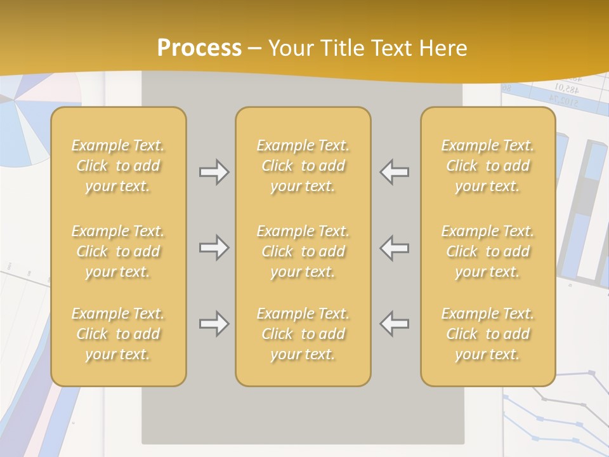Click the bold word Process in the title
pyautogui.click(x=199, y=48)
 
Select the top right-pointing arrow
pyautogui.click(x=214, y=171)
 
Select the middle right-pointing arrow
pyautogui.click(x=214, y=248)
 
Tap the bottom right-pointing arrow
pyautogui.click(x=214, y=324)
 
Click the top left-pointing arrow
pyautogui.click(x=394, y=171)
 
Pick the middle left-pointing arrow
pyautogui.click(x=394, y=248)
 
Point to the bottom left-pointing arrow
pyautogui.click(x=394, y=324)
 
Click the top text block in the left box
pyautogui.click(x=118, y=166)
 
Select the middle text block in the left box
pyautogui.click(x=118, y=251)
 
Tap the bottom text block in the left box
pyautogui.click(x=118, y=334)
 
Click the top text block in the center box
pyautogui.click(x=303, y=166)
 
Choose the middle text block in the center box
pyautogui.click(x=303, y=251)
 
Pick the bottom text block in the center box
pyautogui.click(x=303, y=334)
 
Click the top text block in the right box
pyautogui.click(x=487, y=166)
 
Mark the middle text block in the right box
pyautogui.click(x=487, y=251)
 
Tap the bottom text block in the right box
pyautogui.click(x=487, y=334)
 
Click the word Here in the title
pyautogui.click(x=444, y=48)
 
